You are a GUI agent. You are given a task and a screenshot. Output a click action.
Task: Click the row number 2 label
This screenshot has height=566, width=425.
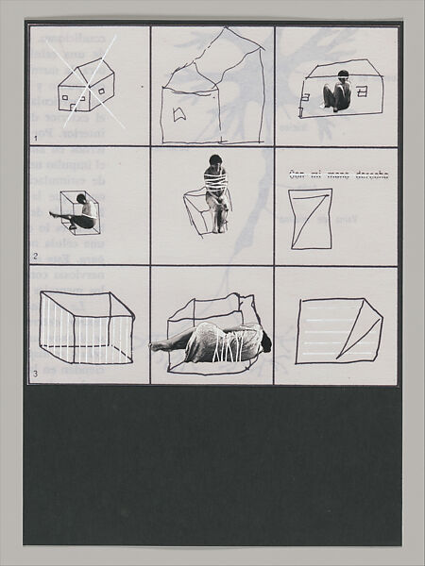35,256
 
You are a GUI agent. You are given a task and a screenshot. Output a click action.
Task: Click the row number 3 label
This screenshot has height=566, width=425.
35,375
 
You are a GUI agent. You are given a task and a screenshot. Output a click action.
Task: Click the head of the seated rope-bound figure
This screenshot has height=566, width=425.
216,161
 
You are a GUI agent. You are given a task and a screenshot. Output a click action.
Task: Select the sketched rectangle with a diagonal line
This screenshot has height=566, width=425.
310,218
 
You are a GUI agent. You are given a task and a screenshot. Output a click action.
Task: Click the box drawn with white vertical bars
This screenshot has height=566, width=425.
85,328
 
